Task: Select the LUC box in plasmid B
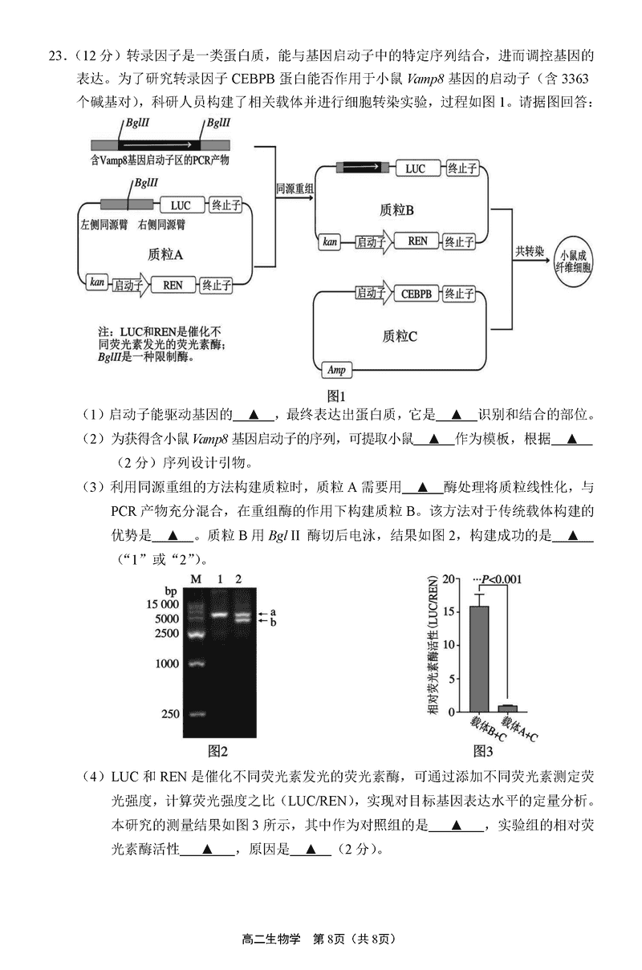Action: [x=415, y=168]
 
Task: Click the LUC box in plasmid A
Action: [x=181, y=205]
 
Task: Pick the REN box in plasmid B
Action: [x=417, y=241]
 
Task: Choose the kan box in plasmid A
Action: [x=97, y=283]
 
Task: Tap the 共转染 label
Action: [x=530, y=250]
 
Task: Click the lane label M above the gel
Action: [x=195, y=578]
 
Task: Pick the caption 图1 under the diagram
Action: [x=335, y=395]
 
